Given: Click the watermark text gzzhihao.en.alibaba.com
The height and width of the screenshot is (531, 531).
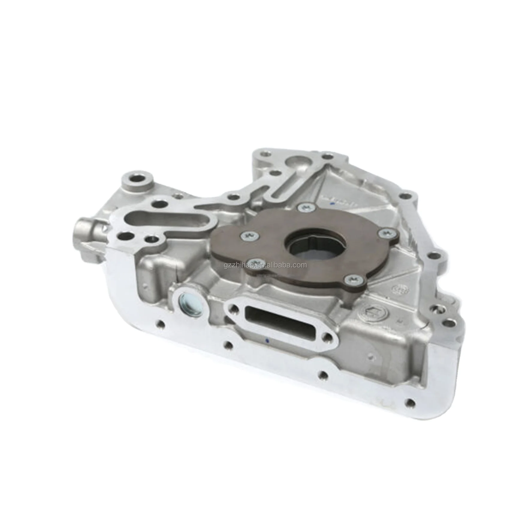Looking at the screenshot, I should (265, 265).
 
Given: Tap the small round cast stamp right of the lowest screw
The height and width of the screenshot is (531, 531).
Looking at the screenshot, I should (402, 290).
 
